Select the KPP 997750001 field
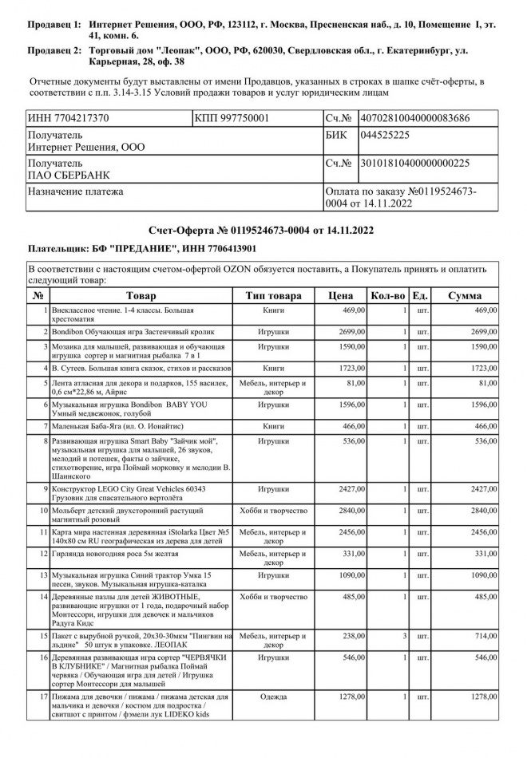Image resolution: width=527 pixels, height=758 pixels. click(x=232, y=118)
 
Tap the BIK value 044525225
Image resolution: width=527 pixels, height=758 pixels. click(x=385, y=135)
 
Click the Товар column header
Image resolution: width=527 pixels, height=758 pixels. click(x=141, y=295)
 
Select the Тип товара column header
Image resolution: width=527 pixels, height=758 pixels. click(x=273, y=295)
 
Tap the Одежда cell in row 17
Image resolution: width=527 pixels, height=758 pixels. click(x=273, y=697)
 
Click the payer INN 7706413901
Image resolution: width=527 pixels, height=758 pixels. click(x=223, y=249)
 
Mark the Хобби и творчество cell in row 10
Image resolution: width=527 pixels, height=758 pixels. click(x=273, y=510)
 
